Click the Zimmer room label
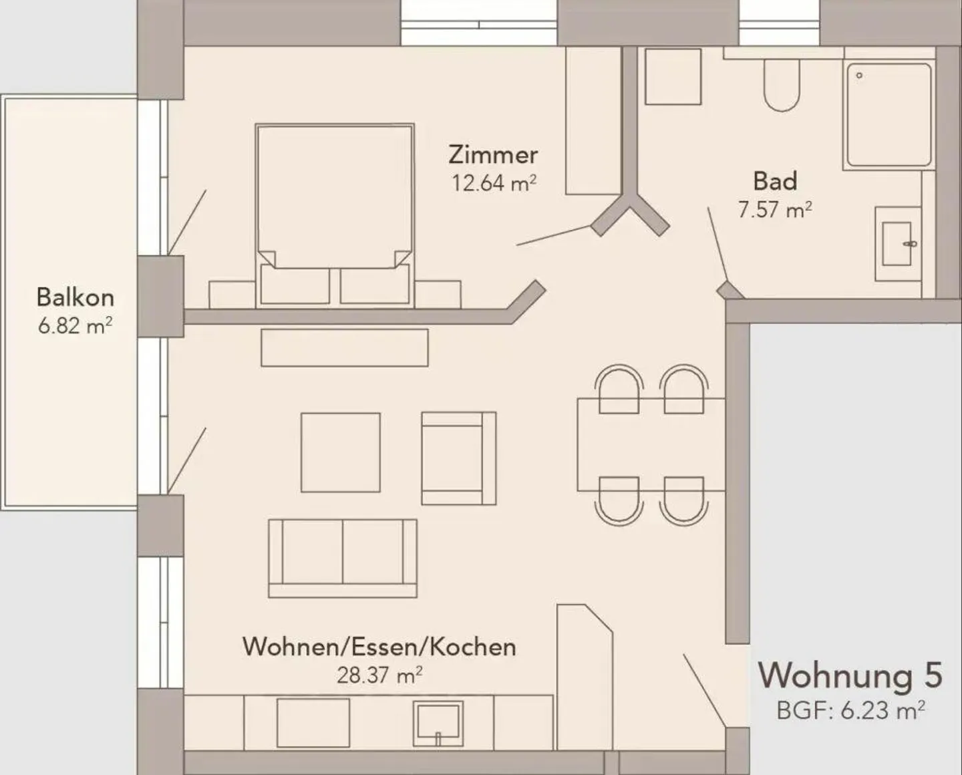[x=493, y=154]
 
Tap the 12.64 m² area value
[x=493, y=182]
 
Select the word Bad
[x=775, y=181]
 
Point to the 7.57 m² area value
[x=775, y=210]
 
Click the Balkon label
[x=75, y=297]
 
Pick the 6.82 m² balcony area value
[x=75, y=325]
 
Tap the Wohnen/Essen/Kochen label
[x=379, y=646]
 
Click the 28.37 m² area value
[x=379, y=675]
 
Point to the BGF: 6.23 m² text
[x=850, y=710]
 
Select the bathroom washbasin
[x=899, y=243]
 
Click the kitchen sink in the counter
[x=438, y=722]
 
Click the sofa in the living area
[x=343, y=557]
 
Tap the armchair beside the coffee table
[x=458, y=458]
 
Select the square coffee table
[x=341, y=452]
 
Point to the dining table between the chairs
[x=651, y=444]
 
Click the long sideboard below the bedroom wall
[x=344, y=347]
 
